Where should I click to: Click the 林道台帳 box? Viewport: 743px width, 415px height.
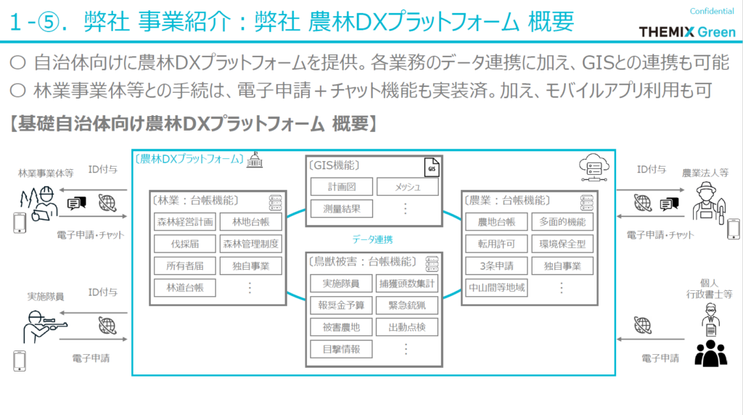tap(184, 288)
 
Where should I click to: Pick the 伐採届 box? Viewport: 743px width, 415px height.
tap(184, 244)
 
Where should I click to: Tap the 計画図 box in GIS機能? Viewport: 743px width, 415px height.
tap(341, 186)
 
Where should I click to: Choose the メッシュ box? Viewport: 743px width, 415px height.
tap(408, 186)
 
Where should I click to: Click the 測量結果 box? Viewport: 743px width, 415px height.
tap(341, 209)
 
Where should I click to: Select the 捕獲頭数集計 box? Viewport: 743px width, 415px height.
tap(408, 283)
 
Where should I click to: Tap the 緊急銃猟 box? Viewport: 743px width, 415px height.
tap(408, 305)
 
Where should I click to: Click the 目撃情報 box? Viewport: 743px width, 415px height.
tap(341, 349)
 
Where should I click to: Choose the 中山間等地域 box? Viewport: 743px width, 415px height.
tap(496, 288)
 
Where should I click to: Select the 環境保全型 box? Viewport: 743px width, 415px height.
tap(562, 244)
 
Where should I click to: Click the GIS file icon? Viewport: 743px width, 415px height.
tap(431, 168)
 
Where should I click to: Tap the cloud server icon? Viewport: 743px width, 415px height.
tap(588, 168)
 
